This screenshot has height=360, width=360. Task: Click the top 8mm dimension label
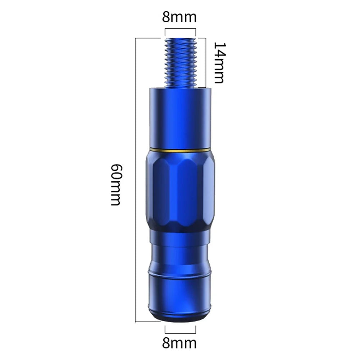180,17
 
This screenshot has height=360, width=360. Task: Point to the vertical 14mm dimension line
205,63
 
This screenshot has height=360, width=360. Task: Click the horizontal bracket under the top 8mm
180,29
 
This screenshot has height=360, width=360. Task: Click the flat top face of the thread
180,39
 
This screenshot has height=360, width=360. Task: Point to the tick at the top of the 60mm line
147,37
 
